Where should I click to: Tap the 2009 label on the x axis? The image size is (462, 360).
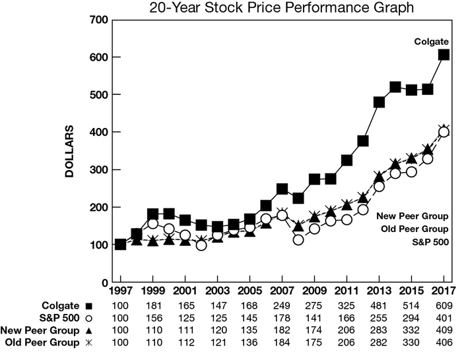click(314, 290)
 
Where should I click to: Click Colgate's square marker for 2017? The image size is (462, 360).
click(444, 55)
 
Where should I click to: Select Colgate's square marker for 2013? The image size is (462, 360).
click(379, 102)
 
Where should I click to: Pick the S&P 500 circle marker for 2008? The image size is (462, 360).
click(298, 240)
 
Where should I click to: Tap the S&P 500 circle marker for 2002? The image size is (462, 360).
click(201, 245)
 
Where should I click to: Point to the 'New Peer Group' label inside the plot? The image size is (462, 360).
click(413, 216)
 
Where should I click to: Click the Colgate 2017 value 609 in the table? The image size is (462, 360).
click(444, 305)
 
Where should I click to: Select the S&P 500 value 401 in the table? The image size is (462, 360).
click(444, 317)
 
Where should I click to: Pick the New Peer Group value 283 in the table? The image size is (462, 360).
click(379, 329)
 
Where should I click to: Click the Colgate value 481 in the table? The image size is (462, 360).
click(379, 305)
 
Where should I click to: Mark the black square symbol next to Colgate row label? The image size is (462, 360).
click(89, 305)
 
